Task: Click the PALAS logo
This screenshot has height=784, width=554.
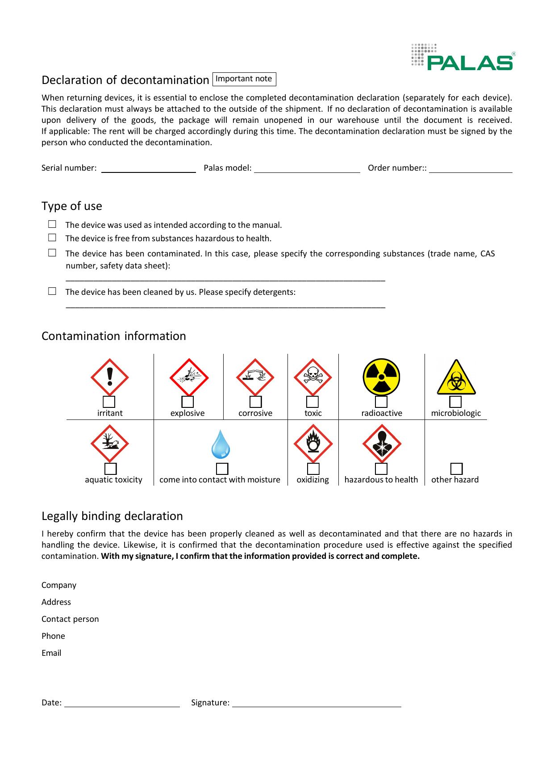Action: click(462, 57)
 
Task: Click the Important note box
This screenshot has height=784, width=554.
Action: click(244, 79)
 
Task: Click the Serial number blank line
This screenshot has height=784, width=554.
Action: click(148, 169)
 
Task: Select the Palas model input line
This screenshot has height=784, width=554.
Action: click(307, 169)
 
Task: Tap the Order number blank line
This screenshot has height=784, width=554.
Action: click(471, 169)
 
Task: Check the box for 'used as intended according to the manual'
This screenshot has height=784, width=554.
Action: click(52, 224)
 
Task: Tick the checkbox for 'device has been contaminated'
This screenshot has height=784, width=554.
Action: click(52, 253)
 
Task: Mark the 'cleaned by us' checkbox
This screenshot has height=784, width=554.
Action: click(52, 291)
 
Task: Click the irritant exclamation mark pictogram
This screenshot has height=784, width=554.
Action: click(110, 377)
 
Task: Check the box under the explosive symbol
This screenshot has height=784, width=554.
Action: click(187, 402)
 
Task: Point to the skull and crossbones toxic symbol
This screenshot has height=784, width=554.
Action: click(313, 377)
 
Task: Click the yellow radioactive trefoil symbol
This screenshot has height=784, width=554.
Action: click(381, 377)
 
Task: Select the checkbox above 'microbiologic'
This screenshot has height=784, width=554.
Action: click(455, 402)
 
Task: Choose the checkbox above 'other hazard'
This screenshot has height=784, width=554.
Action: click(456, 469)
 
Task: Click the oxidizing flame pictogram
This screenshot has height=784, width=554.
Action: click(313, 444)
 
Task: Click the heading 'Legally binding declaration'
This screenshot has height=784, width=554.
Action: click(112, 516)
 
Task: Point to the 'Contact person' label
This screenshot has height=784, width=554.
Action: click(70, 619)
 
